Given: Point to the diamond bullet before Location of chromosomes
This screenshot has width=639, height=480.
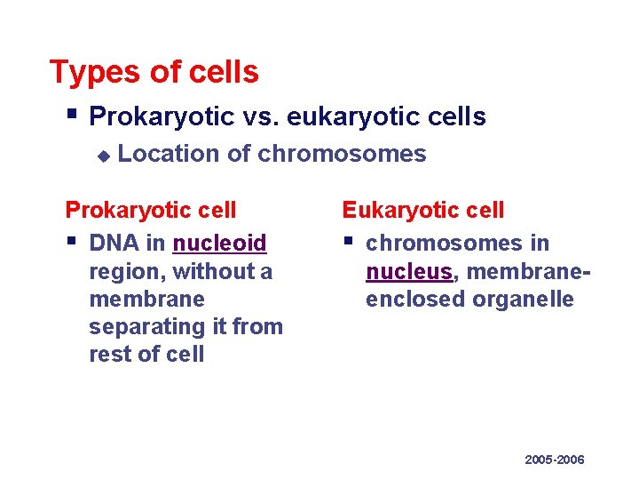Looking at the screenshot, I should pyautogui.click(x=103, y=156).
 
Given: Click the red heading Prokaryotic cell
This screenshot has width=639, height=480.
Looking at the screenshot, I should pyautogui.click(x=151, y=210).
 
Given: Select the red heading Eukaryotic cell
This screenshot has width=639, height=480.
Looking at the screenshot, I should pyautogui.click(x=422, y=210).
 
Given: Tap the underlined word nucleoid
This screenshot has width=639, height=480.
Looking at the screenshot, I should pyautogui.click(x=219, y=243).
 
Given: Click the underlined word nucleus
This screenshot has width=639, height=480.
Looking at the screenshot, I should pyautogui.click(x=408, y=271).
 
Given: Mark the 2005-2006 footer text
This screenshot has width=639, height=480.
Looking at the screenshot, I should pyautogui.click(x=554, y=460).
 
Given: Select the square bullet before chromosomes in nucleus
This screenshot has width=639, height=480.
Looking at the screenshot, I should pyautogui.click(x=348, y=241).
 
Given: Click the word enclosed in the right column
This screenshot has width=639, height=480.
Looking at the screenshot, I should pyautogui.click(x=415, y=299).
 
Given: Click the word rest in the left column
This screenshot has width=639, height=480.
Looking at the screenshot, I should pyautogui.click(x=110, y=355).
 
